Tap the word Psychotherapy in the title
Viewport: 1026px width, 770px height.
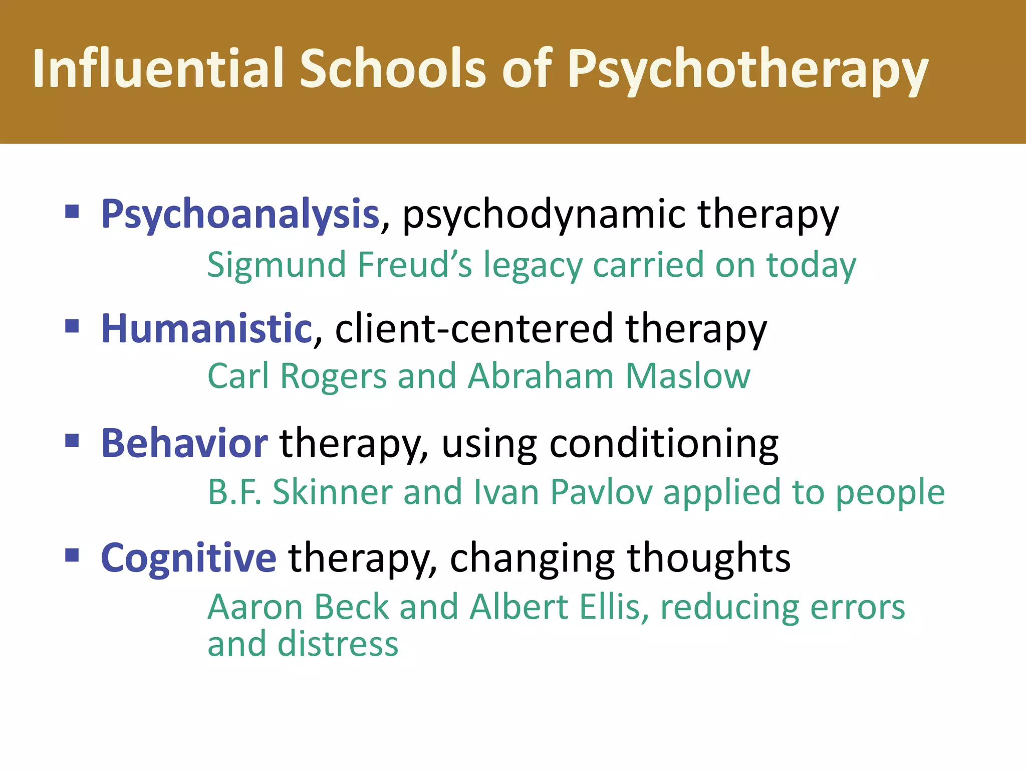click(747, 70)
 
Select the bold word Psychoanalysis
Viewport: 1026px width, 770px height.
click(240, 215)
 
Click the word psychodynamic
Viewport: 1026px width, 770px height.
click(544, 215)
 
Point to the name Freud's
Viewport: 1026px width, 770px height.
click(415, 265)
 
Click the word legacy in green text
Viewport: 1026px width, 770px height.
click(532, 266)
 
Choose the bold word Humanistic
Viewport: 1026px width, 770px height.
click(207, 329)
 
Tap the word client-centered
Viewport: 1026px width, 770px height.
click(474, 329)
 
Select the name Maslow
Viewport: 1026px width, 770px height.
click(688, 376)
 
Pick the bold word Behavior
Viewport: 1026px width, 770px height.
click(184, 444)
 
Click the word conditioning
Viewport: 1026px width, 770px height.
click(664, 444)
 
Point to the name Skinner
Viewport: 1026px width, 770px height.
click(333, 492)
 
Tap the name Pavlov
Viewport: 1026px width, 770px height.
click(601, 492)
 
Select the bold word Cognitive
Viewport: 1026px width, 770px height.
click(188, 558)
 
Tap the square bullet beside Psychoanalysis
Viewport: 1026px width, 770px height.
click(72, 212)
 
